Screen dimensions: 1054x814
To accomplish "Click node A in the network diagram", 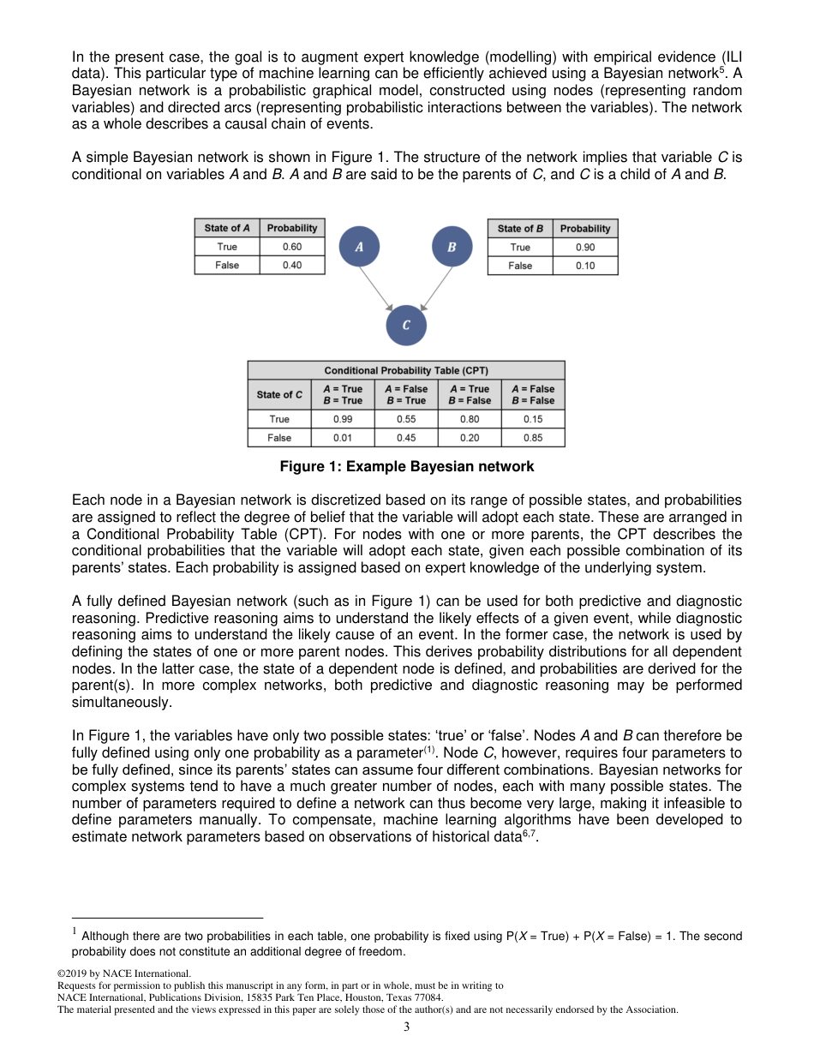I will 359,247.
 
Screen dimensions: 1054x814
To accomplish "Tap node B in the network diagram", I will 452,247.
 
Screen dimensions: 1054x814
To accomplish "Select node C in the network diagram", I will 405,325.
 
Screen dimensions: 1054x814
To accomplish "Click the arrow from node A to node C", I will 375,288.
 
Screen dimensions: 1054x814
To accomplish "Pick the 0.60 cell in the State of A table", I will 292,247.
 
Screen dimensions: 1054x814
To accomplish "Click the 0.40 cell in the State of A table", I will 292,266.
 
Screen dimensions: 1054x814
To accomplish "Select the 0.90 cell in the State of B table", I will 585,248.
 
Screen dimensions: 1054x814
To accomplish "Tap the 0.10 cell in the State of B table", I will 585,266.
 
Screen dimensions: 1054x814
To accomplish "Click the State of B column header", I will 520,229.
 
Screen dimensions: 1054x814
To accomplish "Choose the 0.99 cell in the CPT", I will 343,419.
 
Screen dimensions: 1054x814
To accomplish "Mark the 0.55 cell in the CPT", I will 406,419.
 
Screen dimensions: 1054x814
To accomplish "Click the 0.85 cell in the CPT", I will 533,438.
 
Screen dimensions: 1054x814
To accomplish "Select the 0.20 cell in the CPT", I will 470,438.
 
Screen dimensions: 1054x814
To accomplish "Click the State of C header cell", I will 279,395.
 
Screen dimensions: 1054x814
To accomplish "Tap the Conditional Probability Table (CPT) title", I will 406,371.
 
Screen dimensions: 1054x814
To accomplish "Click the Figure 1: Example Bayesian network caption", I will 407,467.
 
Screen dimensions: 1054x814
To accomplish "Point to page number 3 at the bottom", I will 407,1027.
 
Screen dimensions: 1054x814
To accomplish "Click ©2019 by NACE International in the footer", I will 123,973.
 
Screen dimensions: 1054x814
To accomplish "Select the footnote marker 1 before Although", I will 75,931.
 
